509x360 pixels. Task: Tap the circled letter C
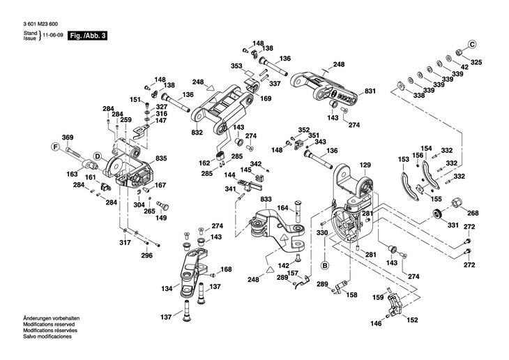471,44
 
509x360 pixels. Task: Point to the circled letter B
324,265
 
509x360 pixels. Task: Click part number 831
370,91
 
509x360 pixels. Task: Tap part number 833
265,200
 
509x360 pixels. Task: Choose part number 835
161,159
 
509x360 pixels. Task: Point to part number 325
476,63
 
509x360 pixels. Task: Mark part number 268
473,213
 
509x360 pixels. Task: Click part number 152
413,320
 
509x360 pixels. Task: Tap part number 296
146,255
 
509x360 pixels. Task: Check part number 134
167,288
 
